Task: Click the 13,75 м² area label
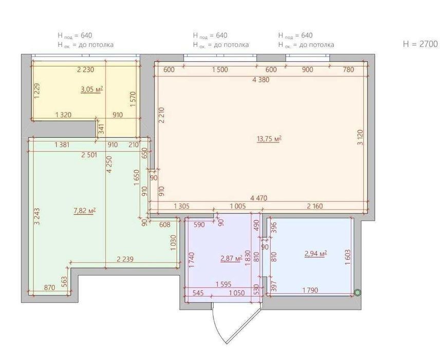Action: point(269,139)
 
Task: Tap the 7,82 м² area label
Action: point(85,211)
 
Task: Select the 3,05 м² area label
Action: point(92,89)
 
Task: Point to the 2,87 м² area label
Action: point(231,259)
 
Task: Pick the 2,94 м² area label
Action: point(316,254)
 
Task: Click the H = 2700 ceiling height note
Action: point(420,44)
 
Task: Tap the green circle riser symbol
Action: point(357,293)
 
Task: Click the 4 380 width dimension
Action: point(261,80)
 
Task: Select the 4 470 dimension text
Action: point(259,198)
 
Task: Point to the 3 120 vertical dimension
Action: point(360,137)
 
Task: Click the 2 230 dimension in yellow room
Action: point(85,69)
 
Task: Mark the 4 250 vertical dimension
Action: point(109,165)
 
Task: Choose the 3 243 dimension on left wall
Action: point(37,217)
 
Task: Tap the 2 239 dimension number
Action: point(125,259)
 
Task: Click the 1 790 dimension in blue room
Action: point(310,290)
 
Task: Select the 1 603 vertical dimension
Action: point(348,257)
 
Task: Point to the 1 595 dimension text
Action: point(223,284)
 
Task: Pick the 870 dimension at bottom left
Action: point(49,287)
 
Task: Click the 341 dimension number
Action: point(101,129)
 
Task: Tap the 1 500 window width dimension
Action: point(220,69)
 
